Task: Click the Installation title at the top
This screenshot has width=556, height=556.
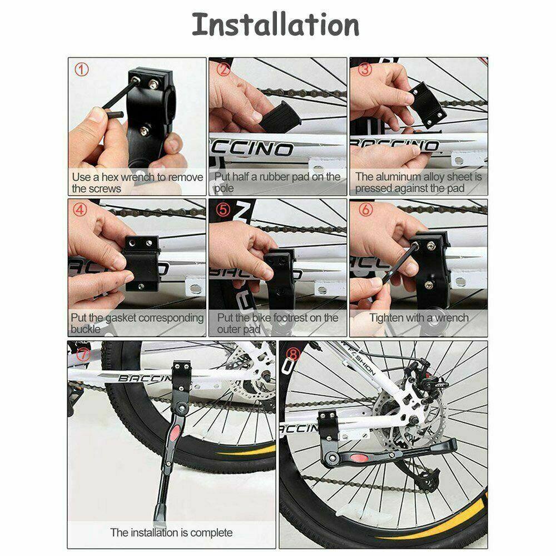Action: coord(276,26)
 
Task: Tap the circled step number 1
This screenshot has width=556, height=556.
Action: coord(82,70)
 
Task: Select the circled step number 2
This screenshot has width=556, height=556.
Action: coord(224,69)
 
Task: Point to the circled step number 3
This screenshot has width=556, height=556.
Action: coord(365,69)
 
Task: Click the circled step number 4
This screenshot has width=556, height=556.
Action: coord(81,211)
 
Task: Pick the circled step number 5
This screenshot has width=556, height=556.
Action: coord(223,211)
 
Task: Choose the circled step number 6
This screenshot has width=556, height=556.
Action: coord(365,211)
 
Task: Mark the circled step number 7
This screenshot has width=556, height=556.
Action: coord(83,354)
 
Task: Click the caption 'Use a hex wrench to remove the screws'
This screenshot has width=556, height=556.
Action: coord(137,182)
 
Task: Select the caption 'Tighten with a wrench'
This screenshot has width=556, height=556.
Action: coord(419,318)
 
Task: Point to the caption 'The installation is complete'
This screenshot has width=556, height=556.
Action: coord(171,532)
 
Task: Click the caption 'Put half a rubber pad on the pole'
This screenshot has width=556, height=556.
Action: coord(278,182)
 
